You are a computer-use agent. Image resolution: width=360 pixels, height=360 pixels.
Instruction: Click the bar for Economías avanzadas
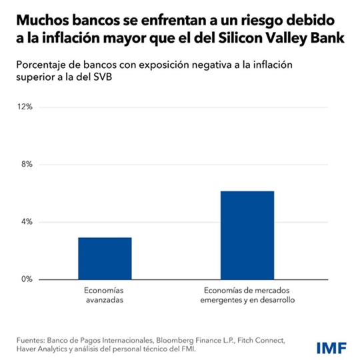105,258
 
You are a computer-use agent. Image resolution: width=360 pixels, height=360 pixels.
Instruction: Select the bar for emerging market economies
247,235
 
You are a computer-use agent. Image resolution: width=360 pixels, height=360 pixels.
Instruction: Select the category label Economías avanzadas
105,296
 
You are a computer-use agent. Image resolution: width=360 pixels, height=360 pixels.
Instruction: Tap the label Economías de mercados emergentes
247,291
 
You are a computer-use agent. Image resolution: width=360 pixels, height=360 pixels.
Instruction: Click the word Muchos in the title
42,15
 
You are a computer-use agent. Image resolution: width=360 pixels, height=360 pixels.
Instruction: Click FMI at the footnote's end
189,350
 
